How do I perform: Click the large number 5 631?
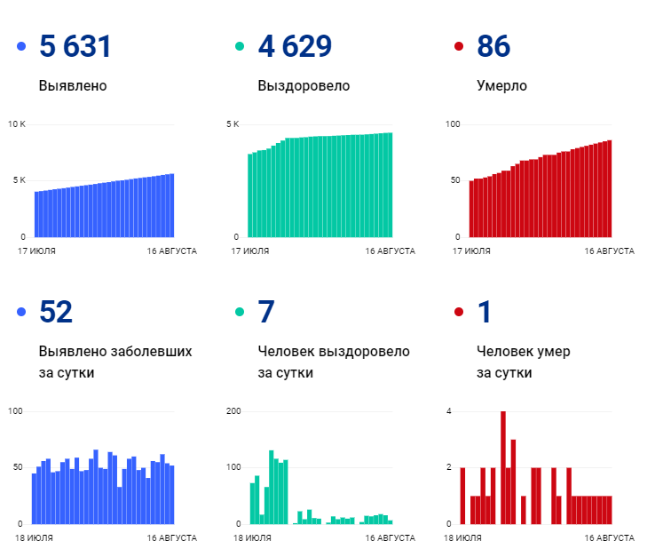pos(75,47)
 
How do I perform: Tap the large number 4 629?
pos(294,47)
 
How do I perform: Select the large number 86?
pos(493,47)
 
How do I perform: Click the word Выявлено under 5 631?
pos(73,86)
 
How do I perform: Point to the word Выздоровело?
pos(304,86)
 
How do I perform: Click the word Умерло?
pos(501,86)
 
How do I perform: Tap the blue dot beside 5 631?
pos(21,47)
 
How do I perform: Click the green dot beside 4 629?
pos(240,47)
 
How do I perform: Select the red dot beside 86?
pos(458,47)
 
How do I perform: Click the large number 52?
pos(56,313)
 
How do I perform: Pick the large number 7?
pos(266,313)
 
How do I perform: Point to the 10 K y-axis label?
pos(17,123)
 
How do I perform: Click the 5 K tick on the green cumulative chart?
pos(233,123)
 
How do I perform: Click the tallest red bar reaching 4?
pos(503,466)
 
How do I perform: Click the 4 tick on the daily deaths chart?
pos(449,411)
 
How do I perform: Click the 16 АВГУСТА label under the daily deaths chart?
pos(609,538)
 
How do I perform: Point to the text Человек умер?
pos(523,352)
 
